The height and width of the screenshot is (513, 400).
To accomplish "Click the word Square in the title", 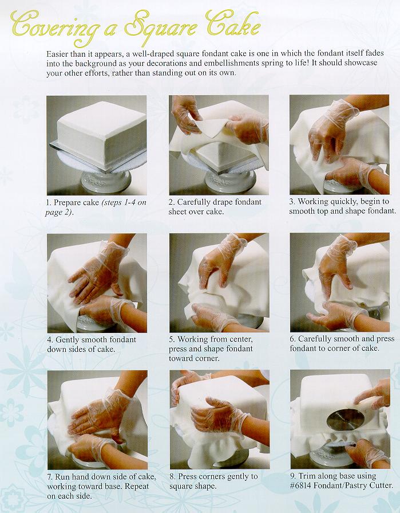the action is coord(161,27).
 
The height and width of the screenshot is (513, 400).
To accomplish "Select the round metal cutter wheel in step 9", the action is coord(345,420).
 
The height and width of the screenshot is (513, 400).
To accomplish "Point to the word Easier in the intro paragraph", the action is coord(57,54).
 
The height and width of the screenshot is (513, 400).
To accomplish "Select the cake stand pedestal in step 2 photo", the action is coord(230,182).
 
